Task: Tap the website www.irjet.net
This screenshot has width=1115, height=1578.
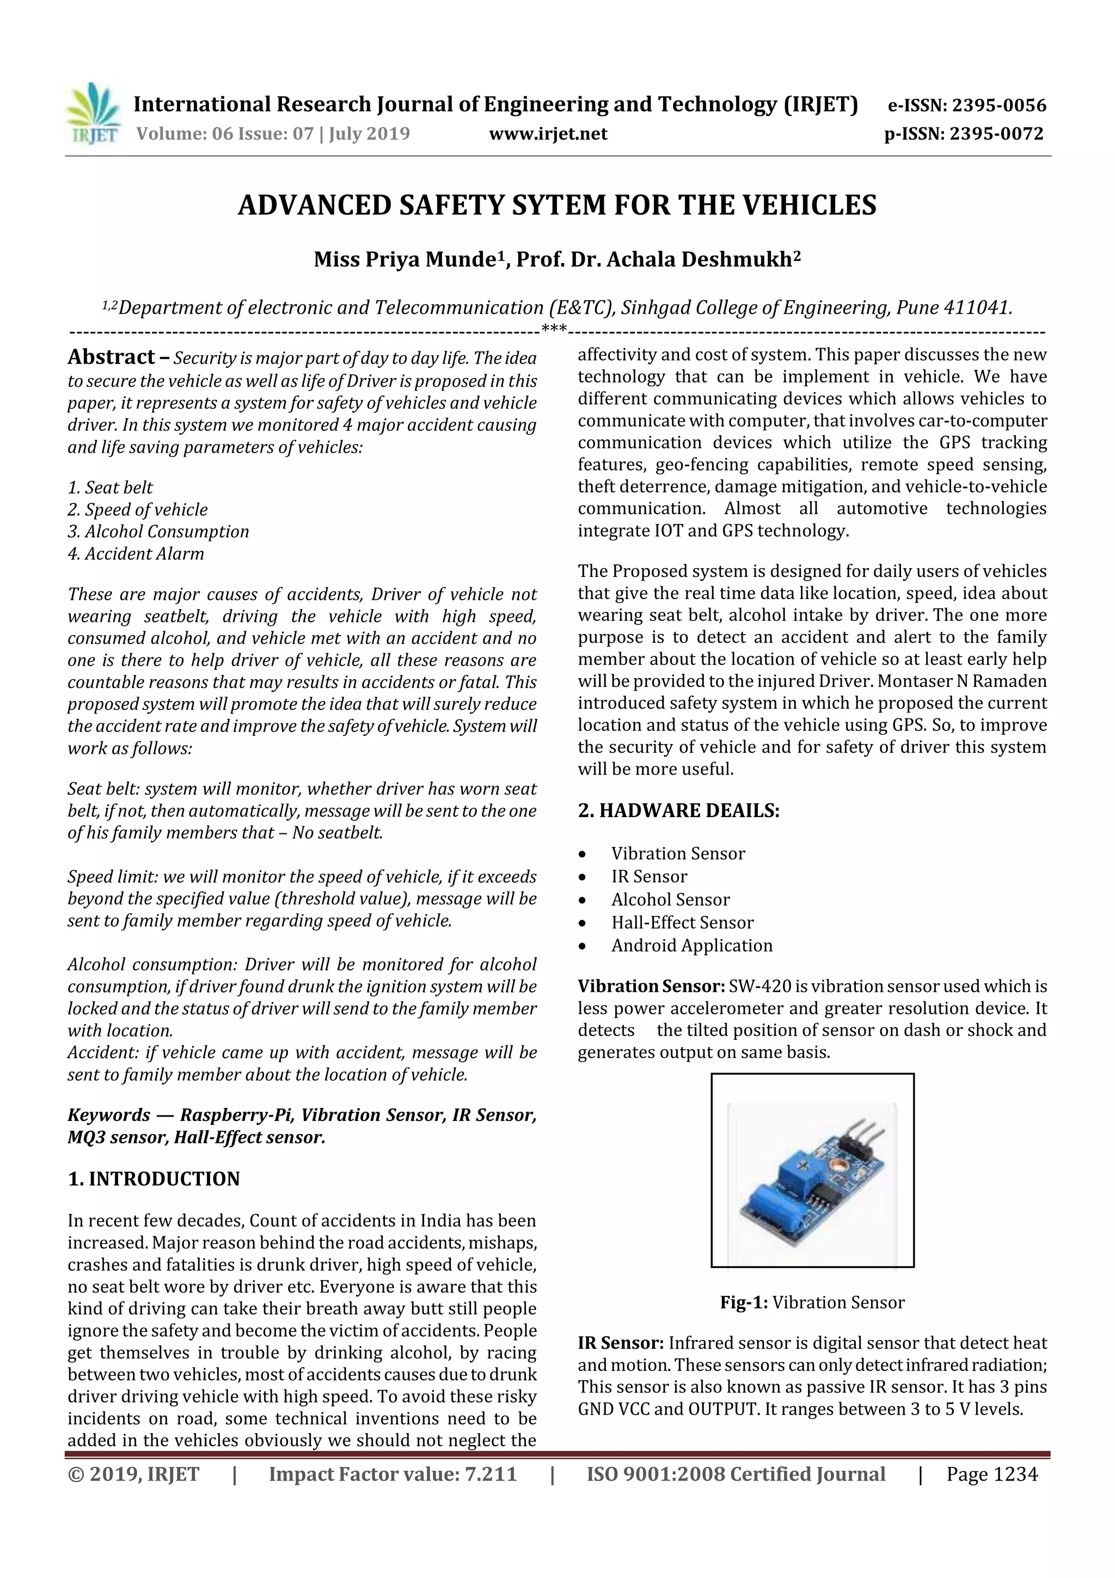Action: [548, 134]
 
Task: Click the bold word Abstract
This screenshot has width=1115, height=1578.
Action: [111, 357]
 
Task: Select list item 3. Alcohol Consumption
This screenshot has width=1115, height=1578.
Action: [158, 531]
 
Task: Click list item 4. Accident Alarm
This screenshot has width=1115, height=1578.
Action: [136, 553]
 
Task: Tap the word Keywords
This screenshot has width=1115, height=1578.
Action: [108, 1115]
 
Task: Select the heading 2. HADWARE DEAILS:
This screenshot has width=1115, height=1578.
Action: [678, 811]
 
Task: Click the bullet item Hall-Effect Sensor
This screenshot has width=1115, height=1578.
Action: [682, 922]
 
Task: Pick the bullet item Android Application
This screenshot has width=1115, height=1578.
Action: [692, 945]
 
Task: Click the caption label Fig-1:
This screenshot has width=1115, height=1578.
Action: [743, 1302]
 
